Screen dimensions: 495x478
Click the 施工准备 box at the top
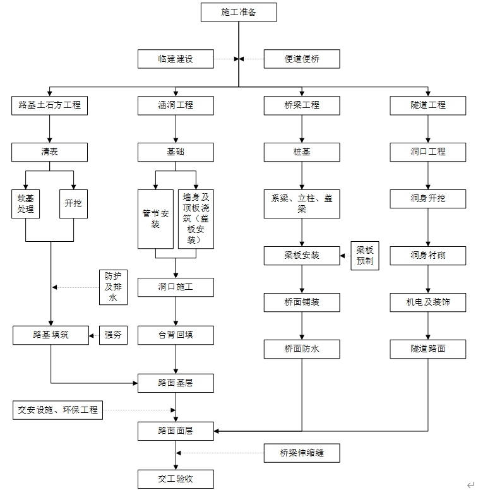coord(239,12)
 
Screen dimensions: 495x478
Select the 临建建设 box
coord(176,59)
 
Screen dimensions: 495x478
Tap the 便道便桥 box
coord(302,59)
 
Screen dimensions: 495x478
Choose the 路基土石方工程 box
coord(50,105)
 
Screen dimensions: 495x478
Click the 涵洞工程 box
coord(176,105)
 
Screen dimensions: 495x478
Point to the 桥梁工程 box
coord(302,105)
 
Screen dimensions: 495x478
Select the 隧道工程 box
coord(428,105)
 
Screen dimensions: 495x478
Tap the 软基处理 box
coord(26,204)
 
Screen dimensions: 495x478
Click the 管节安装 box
coord(155,218)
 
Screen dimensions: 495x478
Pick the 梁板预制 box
coord(365,255)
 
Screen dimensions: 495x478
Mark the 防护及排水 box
coord(113,287)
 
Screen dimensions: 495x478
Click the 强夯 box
coord(113,335)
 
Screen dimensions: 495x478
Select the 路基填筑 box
coord(50,335)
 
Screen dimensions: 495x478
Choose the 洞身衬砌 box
coord(428,256)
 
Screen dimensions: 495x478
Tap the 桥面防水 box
coord(302,349)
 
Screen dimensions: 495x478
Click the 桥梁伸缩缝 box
coord(302,453)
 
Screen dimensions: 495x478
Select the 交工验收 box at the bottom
coord(176,479)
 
